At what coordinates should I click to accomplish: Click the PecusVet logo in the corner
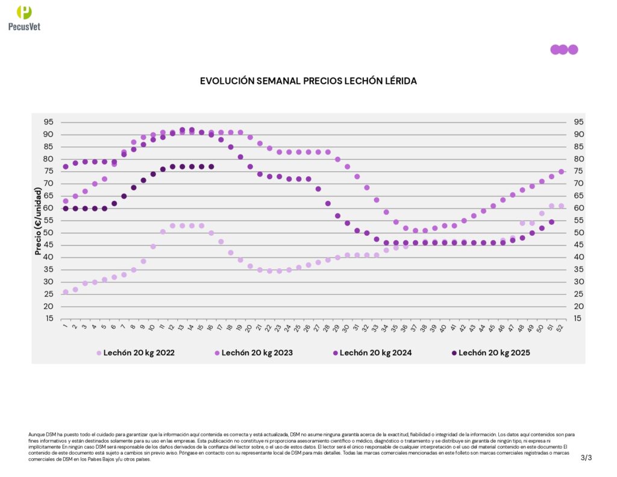click(24, 17)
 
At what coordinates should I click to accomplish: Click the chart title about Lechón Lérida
click(308, 80)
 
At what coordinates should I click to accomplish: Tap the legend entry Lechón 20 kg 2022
click(139, 353)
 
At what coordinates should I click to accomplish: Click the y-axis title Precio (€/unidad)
click(38, 221)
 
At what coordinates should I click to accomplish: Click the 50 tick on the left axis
click(48, 233)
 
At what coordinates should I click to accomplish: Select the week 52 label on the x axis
click(561, 328)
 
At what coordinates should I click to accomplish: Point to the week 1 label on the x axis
click(65, 327)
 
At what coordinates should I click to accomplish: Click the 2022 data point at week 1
click(66, 292)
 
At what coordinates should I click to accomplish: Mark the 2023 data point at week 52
click(561, 171)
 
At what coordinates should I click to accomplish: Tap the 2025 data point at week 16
click(211, 166)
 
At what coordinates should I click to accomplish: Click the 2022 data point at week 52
click(561, 206)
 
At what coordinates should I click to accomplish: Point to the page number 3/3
click(586, 457)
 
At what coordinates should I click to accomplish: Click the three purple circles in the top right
click(563, 49)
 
